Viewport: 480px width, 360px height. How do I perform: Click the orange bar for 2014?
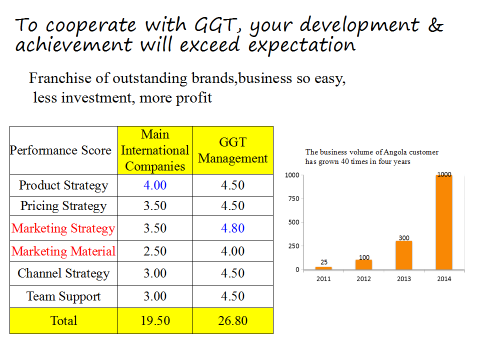click(x=444, y=222)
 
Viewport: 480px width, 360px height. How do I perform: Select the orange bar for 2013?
click(x=404, y=255)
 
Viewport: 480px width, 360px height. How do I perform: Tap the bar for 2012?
click(x=363, y=265)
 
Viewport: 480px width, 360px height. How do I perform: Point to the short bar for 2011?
click(x=323, y=268)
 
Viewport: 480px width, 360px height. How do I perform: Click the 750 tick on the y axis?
click(x=293, y=198)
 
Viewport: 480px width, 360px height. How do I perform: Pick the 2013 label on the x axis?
click(x=404, y=279)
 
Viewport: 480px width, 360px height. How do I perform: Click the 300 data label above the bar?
click(x=404, y=238)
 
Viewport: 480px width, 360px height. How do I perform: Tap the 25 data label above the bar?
click(x=324, y=262)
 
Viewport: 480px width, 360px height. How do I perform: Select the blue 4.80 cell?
click(x=232, y=228)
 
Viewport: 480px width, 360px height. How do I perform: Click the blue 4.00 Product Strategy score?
click(x=155, y=185)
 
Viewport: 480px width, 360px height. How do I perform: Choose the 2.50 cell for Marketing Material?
click(x=155, y=251)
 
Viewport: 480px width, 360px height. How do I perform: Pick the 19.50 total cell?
click(x=155, y=320)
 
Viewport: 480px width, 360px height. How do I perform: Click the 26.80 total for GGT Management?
click(x=232, y=320)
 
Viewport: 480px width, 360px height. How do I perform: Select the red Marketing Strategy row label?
click(x=63, y=228)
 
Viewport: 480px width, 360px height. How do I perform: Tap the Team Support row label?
click(x=63, y=296)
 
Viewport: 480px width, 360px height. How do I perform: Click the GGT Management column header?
click(x=232, y=150)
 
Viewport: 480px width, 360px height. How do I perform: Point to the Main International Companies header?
click(x=155, y=150)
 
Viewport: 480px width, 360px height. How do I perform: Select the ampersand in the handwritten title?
click(x=435, y=25)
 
